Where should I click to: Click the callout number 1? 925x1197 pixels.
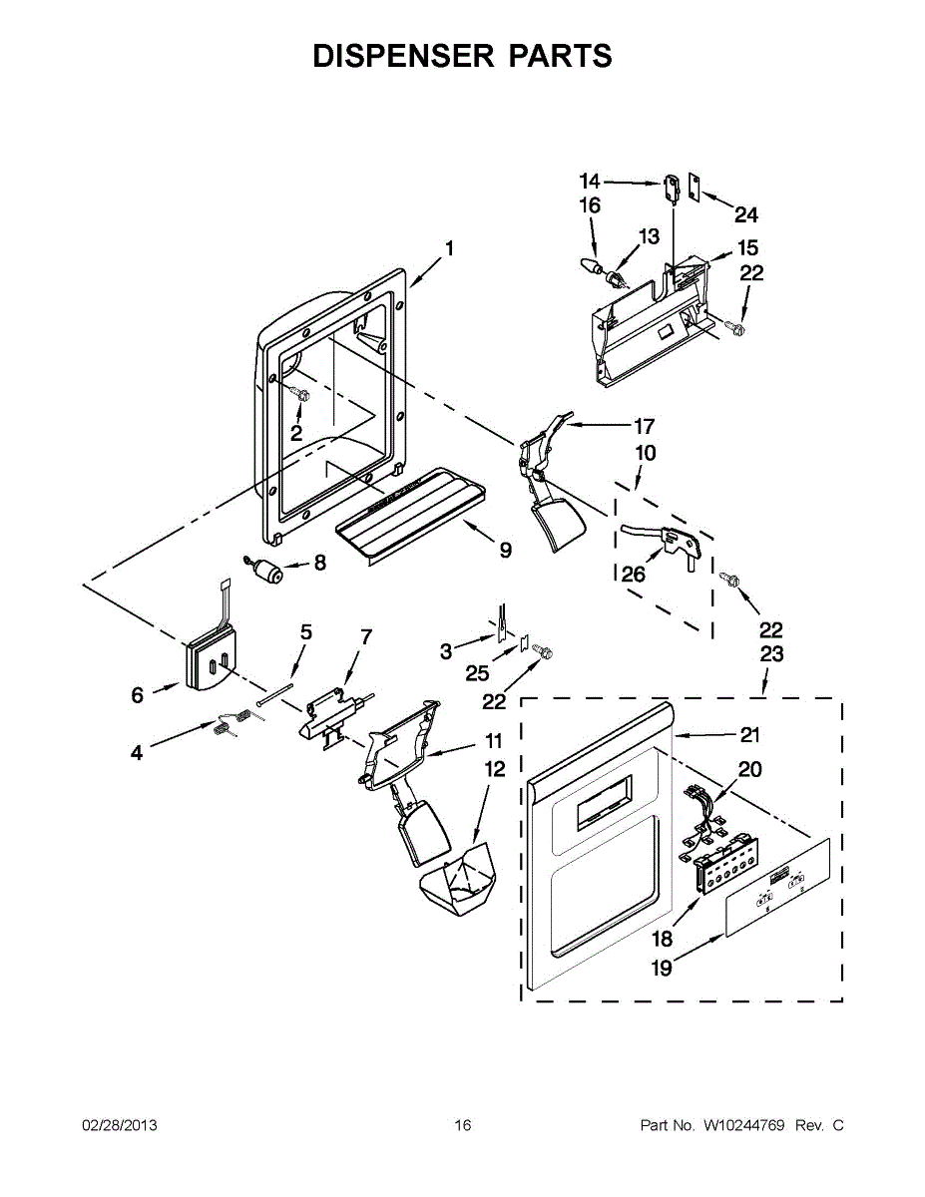pos(449,248)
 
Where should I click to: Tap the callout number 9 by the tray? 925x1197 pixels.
pos(506,550)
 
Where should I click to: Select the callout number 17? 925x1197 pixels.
pos(644,426)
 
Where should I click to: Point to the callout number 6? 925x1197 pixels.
pos(138,695)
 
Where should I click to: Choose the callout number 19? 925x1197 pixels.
pos(662,967)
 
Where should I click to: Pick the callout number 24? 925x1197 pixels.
pos(746,214)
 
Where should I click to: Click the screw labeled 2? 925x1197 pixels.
pos(301,395)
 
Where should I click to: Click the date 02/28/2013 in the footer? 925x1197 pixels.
pos(119,1125)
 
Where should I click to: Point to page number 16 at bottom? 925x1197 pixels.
pos(462,1125)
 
